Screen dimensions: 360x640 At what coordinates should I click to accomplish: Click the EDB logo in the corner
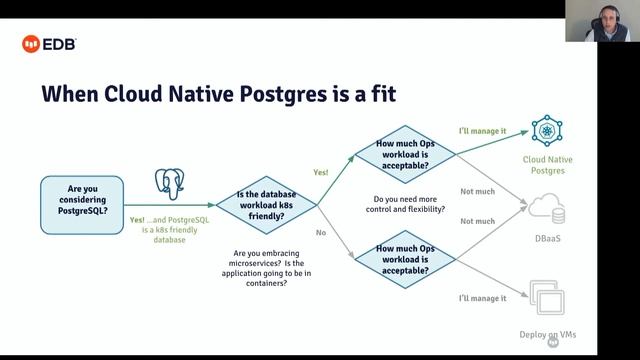[x=49, y=43]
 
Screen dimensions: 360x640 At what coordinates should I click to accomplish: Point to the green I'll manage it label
[x=483, y=131]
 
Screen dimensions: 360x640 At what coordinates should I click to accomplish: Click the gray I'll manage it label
[x=483, y=298]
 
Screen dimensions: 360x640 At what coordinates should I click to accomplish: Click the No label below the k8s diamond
[x=320, y=232]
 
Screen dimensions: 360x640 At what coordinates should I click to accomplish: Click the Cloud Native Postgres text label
[x=547, y=164]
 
